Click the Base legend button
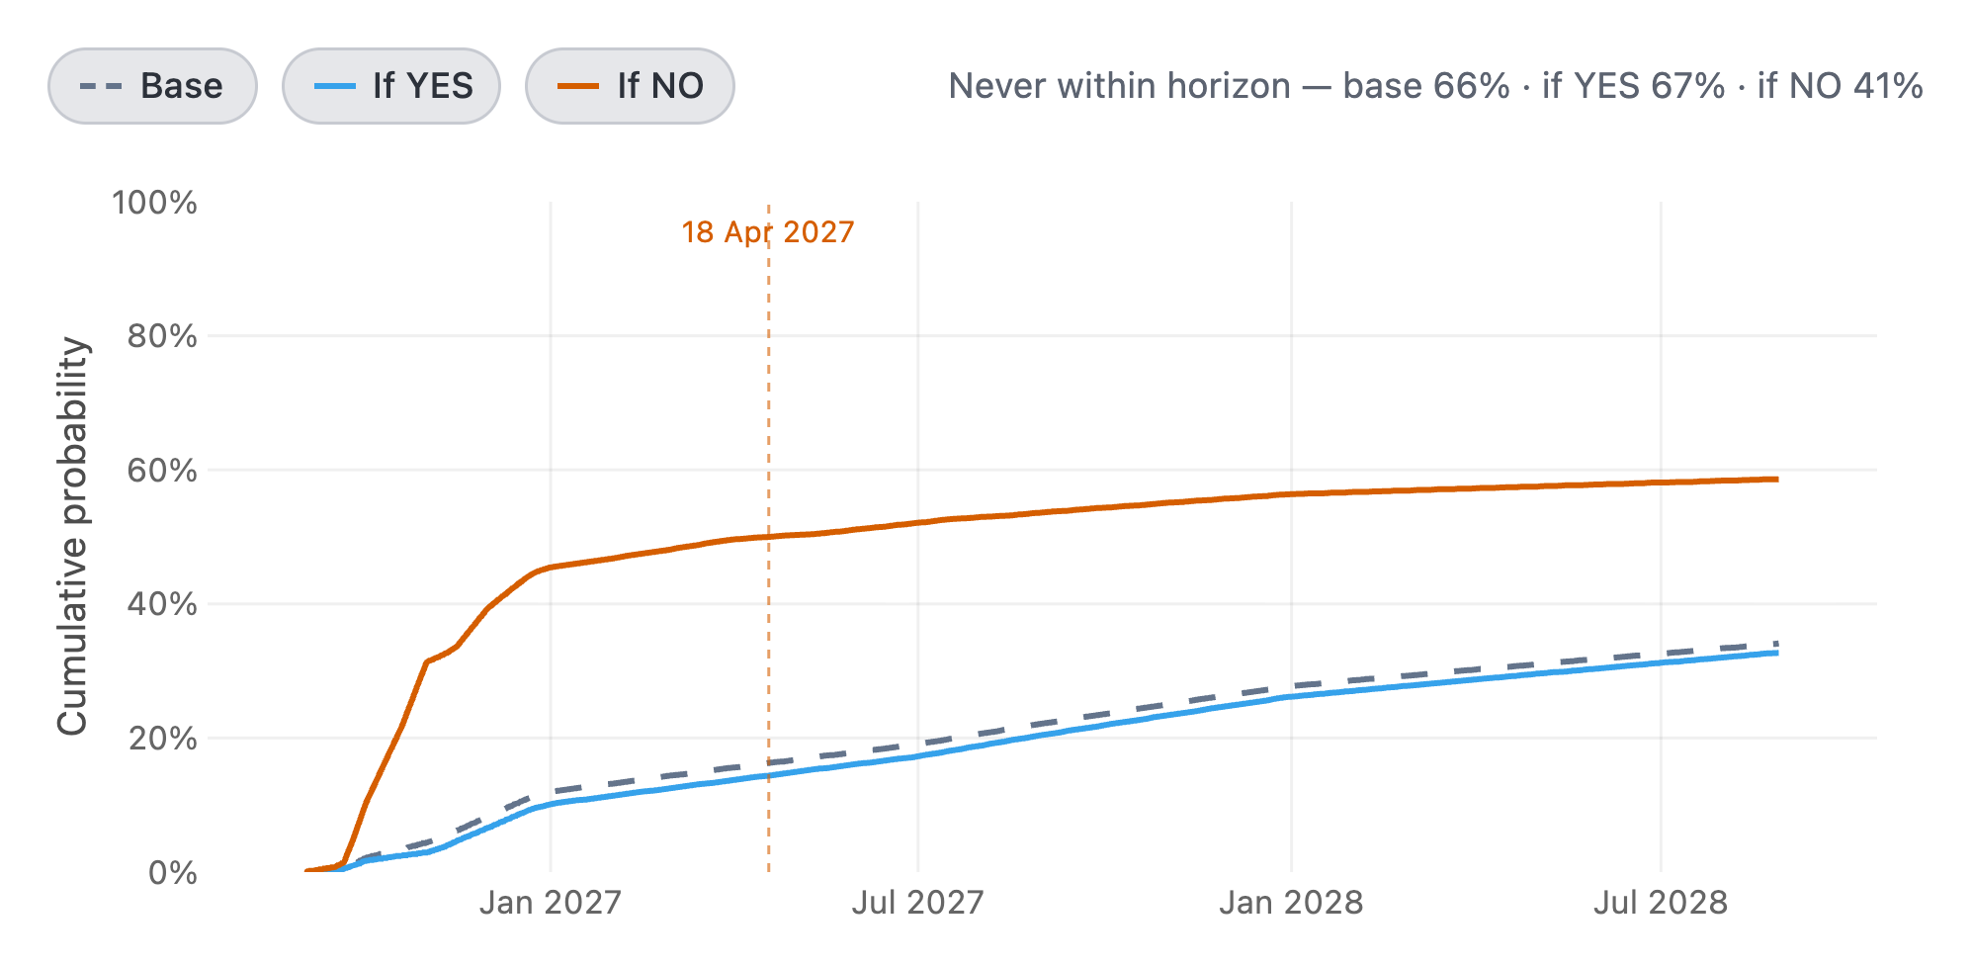click(x=152, y=86)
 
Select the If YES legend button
click(x=391, y=86)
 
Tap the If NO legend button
click(x=630, y=86)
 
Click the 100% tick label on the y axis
click(x=155, y=203)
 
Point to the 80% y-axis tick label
click(x=162, y=336)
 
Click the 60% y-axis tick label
click(x=162, y=470)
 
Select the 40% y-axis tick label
click(x=162, y=604)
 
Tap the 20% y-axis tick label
click(x=162, y=738)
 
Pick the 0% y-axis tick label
click(x=173, y=872)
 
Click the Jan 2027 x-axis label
click(x=551, y=903)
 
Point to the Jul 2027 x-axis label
click(x=918, y=903)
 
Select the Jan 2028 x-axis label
click(x=1291, y=903)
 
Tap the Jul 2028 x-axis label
click(x=1661, y=903)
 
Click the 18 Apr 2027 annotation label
click(x=768, y=232)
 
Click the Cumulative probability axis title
click(x=72, y=537)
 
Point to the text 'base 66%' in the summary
click(x=1426, y=86)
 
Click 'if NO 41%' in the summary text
click(x=1841, y=86)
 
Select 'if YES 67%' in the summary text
click(x=1634, y=86)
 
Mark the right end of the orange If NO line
click(x=1777, y=480)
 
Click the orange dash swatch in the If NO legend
click(x=578, y=86)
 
